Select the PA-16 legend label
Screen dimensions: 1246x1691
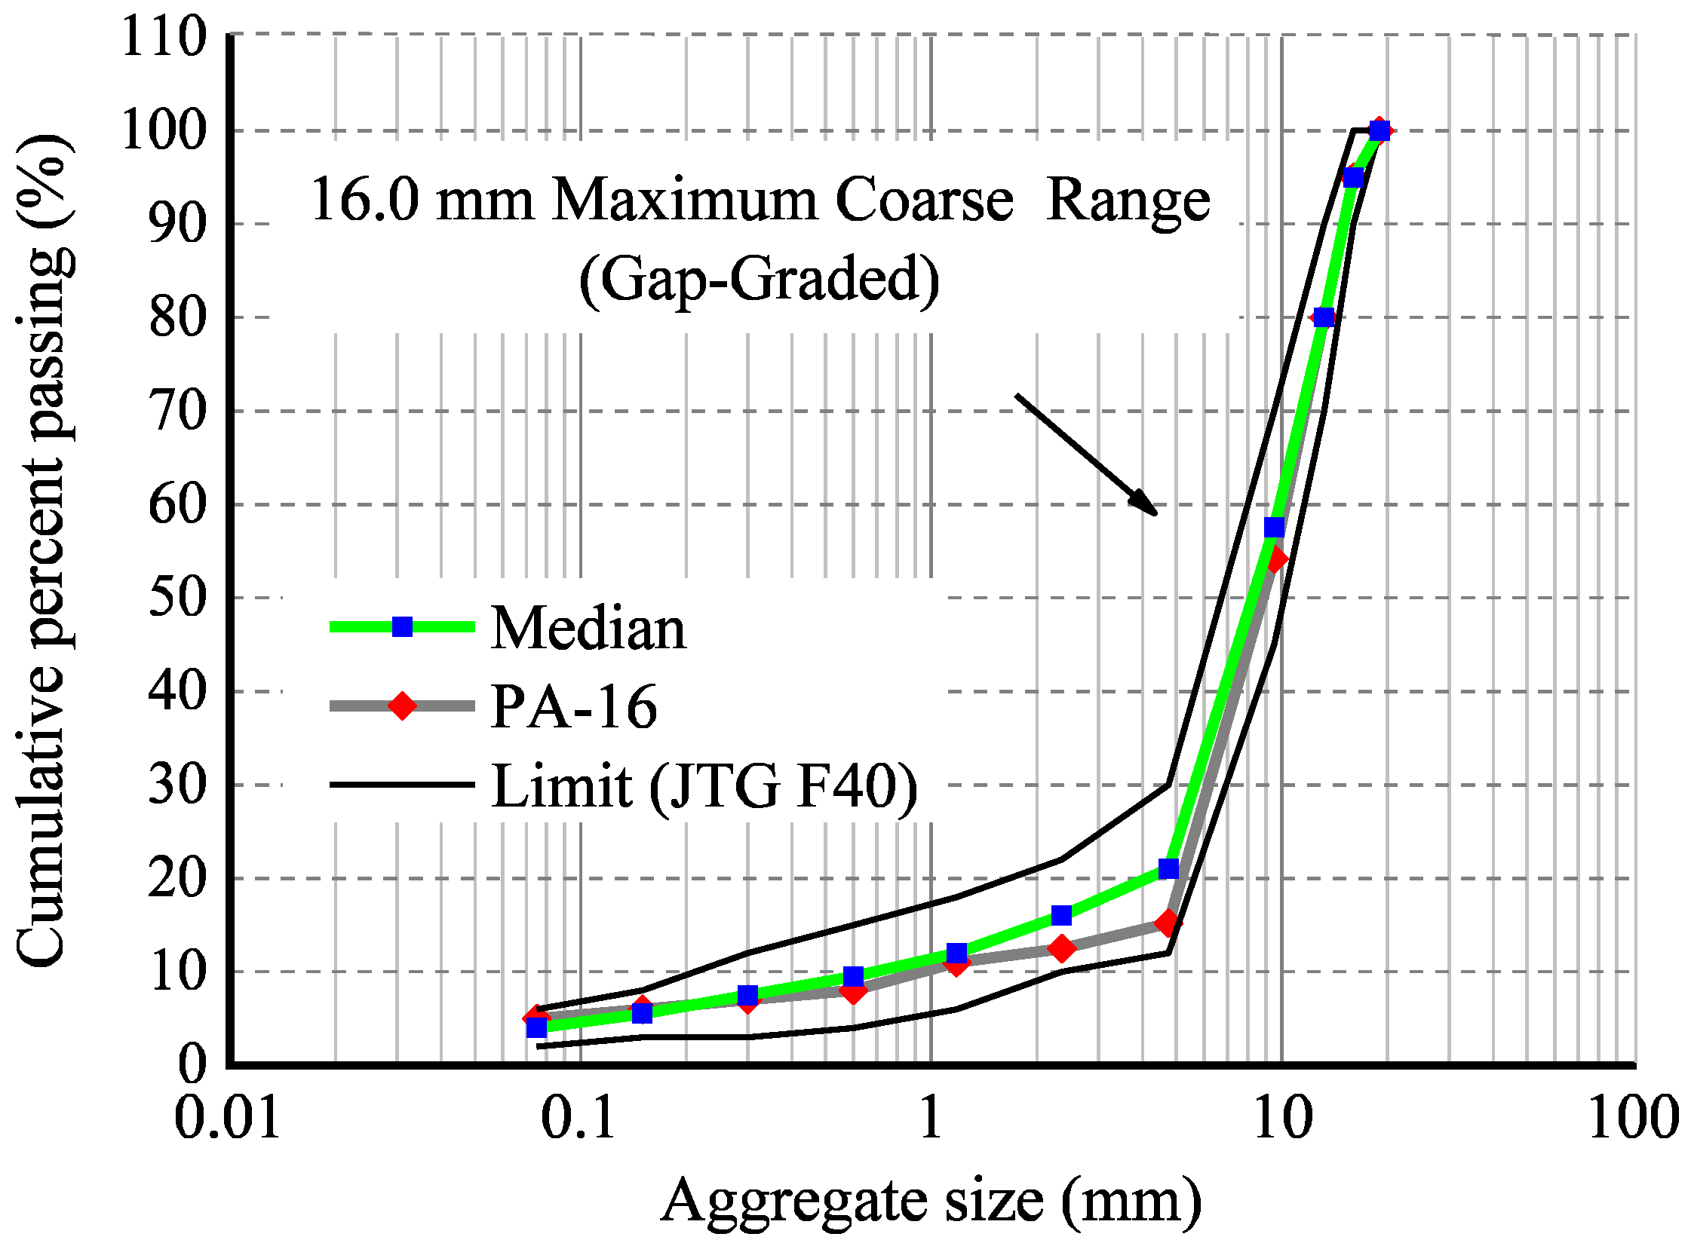(573, 707)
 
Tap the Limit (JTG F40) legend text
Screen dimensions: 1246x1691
(704, 786)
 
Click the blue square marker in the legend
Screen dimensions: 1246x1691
(402, 627)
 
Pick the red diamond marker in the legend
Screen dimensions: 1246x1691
(402, 706)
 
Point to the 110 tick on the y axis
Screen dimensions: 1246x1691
(164, 36)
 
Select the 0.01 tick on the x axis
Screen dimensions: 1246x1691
(227, 1119)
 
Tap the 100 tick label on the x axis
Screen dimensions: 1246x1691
(1633, 1119)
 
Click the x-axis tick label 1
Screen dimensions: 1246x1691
(931, 1119)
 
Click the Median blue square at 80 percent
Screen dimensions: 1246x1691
(1324, 317)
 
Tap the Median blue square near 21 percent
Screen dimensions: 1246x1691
(1168, 869)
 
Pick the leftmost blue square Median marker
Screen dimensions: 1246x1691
(536, 1027)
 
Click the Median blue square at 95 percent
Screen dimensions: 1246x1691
(1354, 177)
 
